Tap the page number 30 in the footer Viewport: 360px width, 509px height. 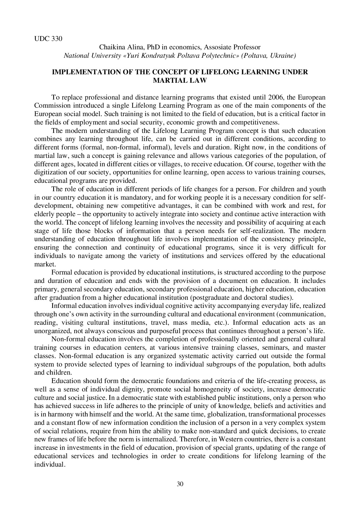click(180, 484)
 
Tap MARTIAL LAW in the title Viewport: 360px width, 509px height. click(180, 80)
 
